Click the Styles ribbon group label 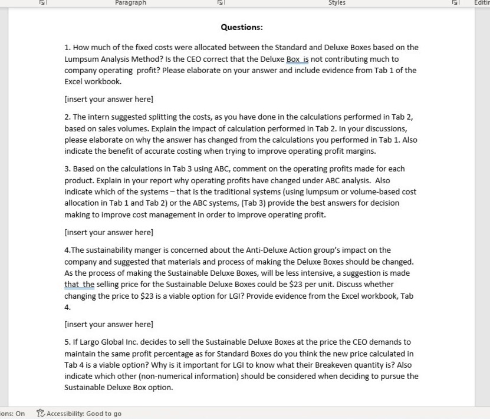337,3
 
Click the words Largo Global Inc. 104,342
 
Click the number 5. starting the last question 68,342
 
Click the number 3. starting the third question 68,169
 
